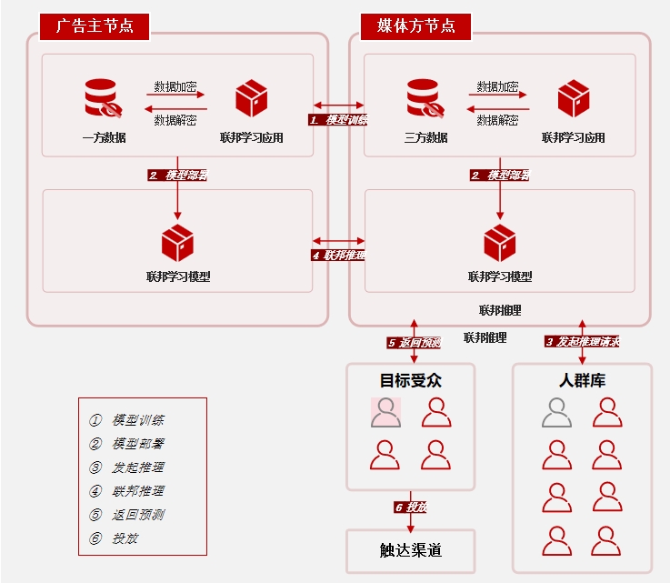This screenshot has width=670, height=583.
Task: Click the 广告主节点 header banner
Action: tap(95, 25)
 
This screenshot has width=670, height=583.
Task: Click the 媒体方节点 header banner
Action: tap(415, 25)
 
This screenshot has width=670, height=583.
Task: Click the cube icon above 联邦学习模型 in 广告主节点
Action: tap(177, 243)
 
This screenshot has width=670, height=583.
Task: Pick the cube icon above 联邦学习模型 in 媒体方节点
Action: tap(500, 243)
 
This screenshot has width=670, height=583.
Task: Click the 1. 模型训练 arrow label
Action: tap(337, 119)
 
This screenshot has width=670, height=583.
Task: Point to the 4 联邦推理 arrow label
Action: tap(338, 256)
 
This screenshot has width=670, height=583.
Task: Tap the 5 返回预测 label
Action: tap(414, 343)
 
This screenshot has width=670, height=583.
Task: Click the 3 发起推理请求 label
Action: tap(582, 342)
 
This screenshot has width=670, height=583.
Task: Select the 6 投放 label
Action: tap(411, 507)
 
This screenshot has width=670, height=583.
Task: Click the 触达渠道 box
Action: tap(411, 550)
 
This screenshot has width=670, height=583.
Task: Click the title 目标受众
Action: tap(411, 380)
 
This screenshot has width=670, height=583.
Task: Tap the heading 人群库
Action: tap(582, 380)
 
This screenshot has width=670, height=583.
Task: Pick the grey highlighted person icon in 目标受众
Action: tap(386, 412)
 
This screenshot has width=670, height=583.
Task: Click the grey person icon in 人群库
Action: tap(556, 412)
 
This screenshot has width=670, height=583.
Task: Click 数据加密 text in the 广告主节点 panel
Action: tap(175, 87)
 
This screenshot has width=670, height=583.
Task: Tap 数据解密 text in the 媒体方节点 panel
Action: tap(497, 119)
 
